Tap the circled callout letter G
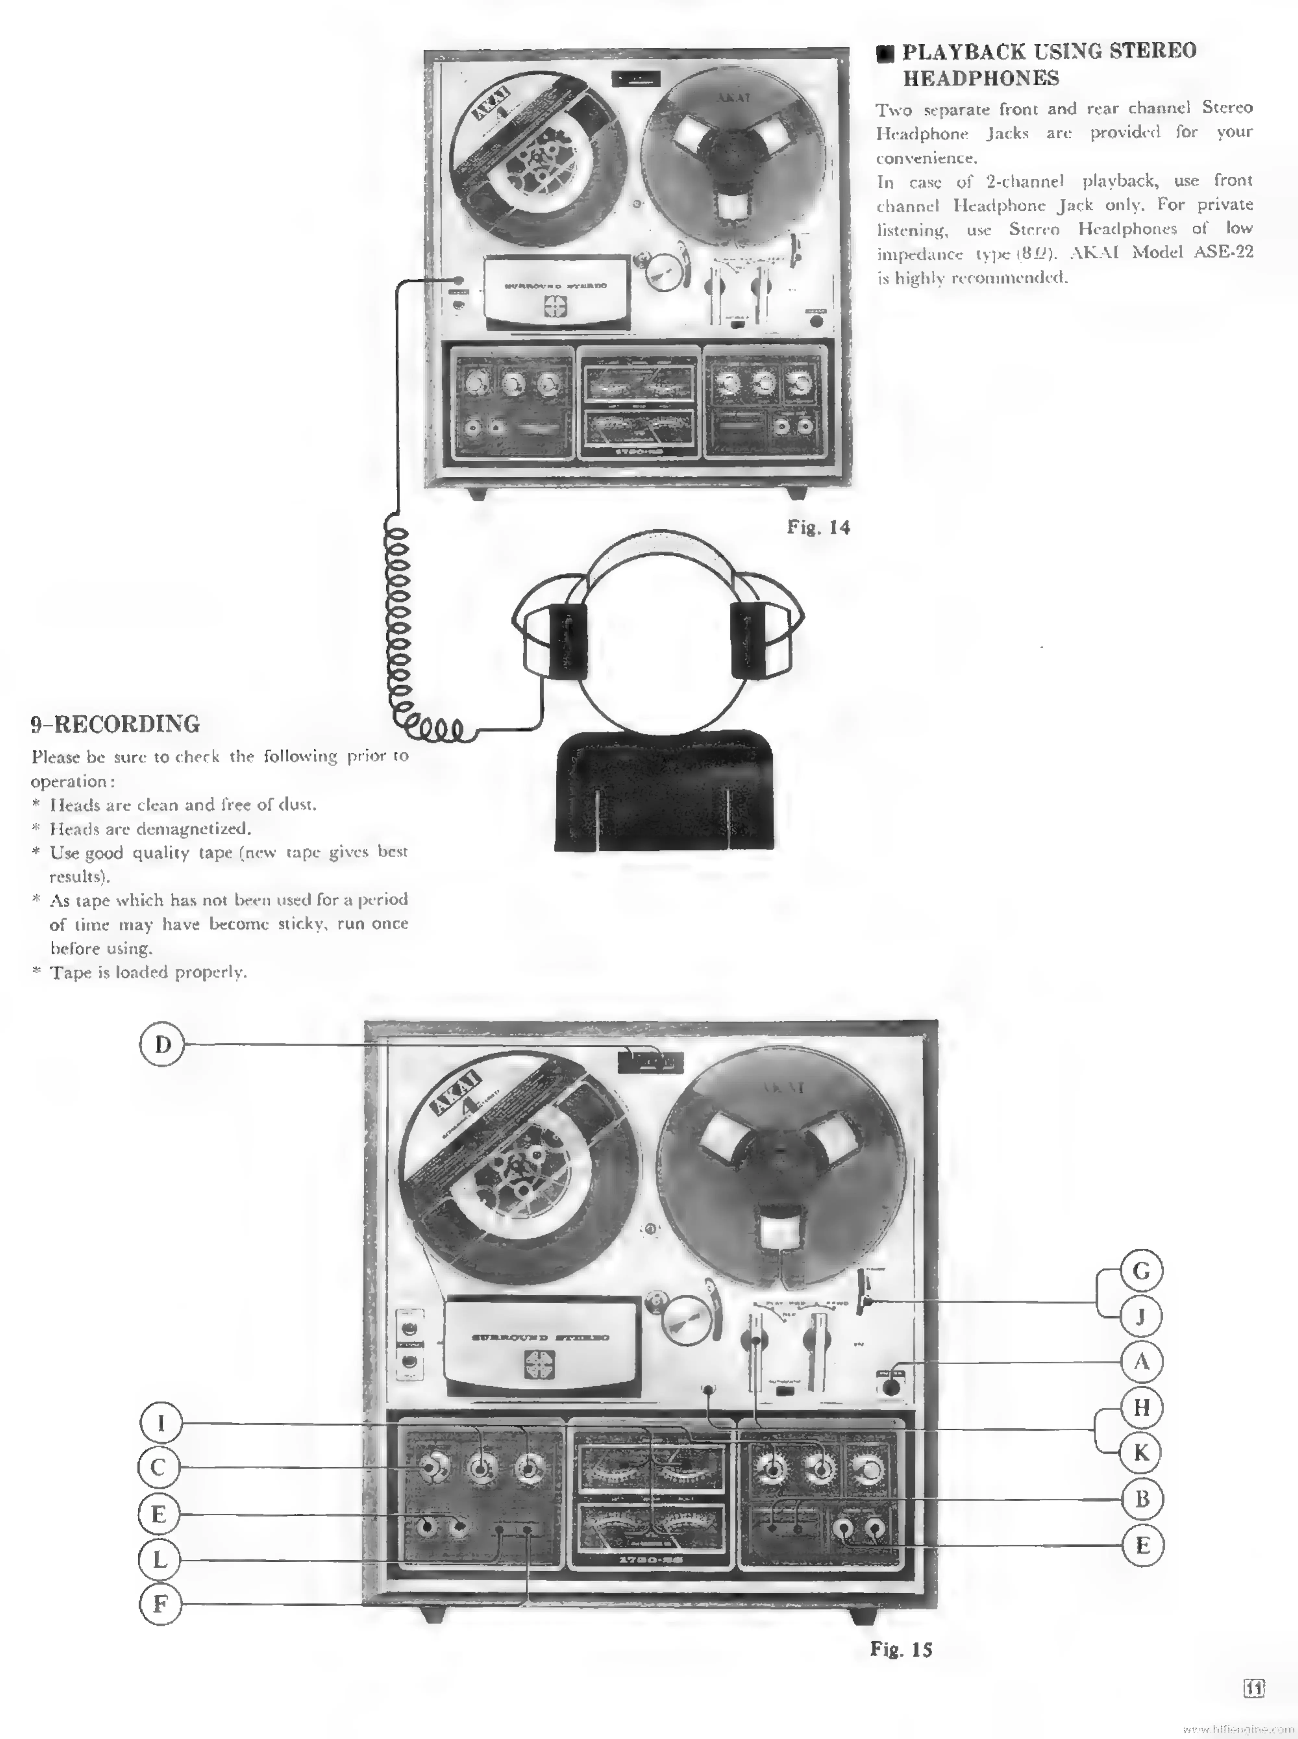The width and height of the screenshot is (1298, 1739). click(x=1141, y=1271)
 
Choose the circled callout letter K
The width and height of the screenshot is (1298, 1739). click(x=1141, y=1453)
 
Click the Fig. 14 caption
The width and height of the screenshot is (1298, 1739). click(x=818, y=527)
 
